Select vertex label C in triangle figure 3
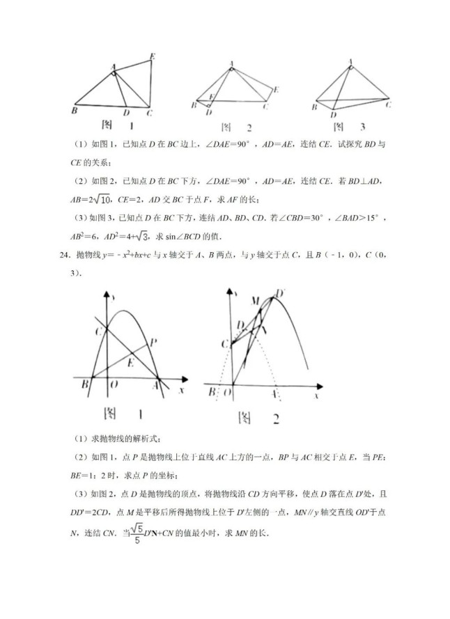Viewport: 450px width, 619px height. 387,104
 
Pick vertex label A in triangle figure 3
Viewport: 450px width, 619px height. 350,61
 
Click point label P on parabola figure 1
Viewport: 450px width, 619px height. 153,341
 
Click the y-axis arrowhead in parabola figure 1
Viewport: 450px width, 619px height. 112,296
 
